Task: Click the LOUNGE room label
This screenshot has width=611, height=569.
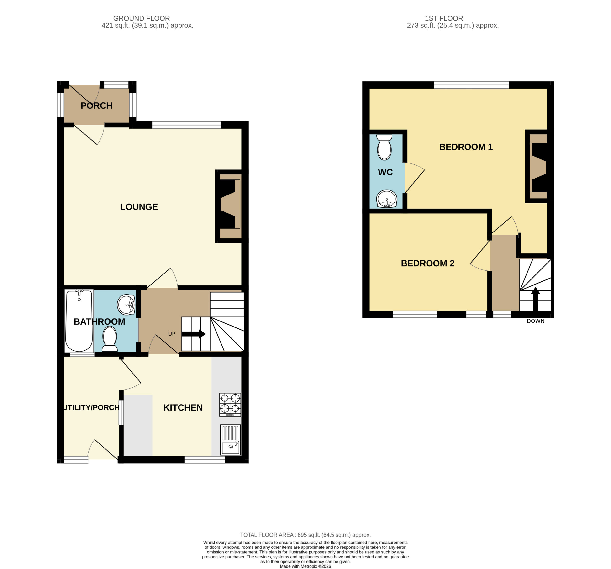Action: (139, 207)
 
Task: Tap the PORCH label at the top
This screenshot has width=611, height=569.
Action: (96, 106)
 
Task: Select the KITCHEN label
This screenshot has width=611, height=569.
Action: (183, 408)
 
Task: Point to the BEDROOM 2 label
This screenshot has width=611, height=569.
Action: (427, 263)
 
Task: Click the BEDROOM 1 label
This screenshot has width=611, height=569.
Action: (466, 147)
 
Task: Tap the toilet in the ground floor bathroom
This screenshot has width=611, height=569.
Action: (110, 339)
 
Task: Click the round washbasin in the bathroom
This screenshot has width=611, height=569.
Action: (126, 305)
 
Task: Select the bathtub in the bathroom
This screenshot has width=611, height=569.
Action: (79, 321)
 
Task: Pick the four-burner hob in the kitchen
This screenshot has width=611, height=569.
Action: (230, 405)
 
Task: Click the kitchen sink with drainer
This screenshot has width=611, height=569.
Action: (231, 440)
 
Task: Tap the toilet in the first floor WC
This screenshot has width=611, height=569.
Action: (384, 147)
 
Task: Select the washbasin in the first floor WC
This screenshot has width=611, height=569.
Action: (387, 199)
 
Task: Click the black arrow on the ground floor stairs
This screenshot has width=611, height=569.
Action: (194, 334)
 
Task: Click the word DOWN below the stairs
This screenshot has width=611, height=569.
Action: (535, 321)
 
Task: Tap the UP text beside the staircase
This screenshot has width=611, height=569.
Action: (172, 334)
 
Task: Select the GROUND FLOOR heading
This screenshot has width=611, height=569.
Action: (141, 18)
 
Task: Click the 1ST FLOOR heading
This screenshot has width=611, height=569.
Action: (444, 18)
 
